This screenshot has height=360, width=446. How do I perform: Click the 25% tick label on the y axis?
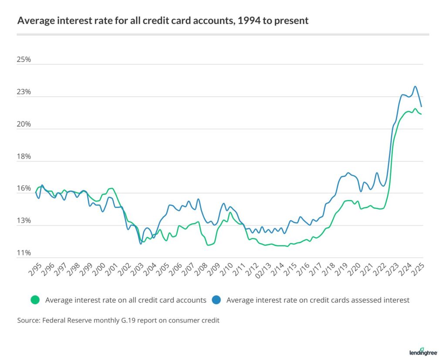click(24, 60)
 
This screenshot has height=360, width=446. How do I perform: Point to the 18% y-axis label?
click(24, 157)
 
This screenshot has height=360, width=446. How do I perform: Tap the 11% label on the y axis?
click(24, 253)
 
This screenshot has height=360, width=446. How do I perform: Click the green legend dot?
click(35, 299)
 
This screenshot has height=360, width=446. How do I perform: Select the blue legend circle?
click(217, 299)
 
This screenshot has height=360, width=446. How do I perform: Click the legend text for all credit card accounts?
click(125, 300)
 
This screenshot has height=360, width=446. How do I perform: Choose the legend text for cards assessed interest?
click(318, 300)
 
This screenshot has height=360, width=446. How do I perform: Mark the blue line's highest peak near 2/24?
click(415, 87)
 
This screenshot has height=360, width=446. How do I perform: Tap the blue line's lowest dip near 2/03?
click(141, 243)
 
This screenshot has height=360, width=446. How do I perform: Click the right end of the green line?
click(421, 114)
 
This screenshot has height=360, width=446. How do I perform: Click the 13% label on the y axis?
click(24, 221)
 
